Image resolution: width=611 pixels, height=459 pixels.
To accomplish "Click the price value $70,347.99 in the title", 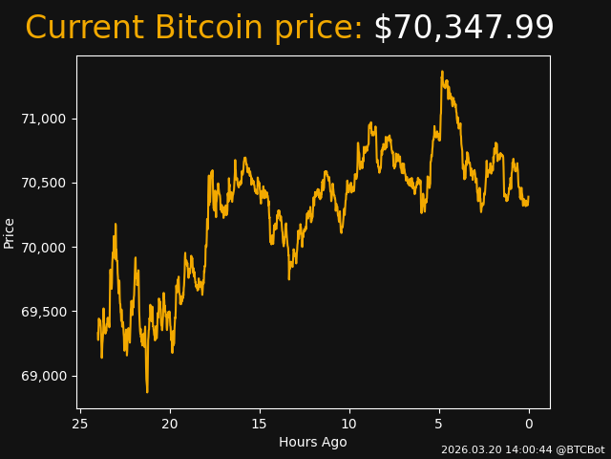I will pyautogui.click(x=463, y=29).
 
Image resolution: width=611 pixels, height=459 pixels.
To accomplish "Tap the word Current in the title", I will pyautogui.click(x=85, y=29).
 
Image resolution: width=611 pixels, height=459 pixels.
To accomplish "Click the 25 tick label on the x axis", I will pyautogui.click(x=80, y=424).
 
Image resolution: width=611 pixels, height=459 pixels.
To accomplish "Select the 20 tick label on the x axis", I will pyautogui.click(x=170, y=424).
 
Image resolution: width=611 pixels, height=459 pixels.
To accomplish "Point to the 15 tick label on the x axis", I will pyautogui.click(x=260, y=424).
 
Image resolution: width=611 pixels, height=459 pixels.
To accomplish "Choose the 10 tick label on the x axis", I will pyautogui.click(x=349, y=424).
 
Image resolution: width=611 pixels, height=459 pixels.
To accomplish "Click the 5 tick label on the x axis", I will pyautogui.click(x=439, y=424).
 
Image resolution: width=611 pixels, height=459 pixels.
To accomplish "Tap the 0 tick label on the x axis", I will pyautogui.click(x=529, y=424).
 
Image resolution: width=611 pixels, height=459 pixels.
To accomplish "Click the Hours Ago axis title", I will pyautogui.click(x=313, y=442).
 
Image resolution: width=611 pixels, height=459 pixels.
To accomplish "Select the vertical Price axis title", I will pyautogui.click(x=10, y=232).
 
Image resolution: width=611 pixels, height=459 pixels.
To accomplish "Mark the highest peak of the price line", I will pyautogui.click(x=442, y=72).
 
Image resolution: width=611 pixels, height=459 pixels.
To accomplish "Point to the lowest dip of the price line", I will pyautogui.click(x=147, y=391).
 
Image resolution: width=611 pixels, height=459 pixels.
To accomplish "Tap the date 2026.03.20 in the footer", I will pyautogui.click(x=467, y=449).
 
